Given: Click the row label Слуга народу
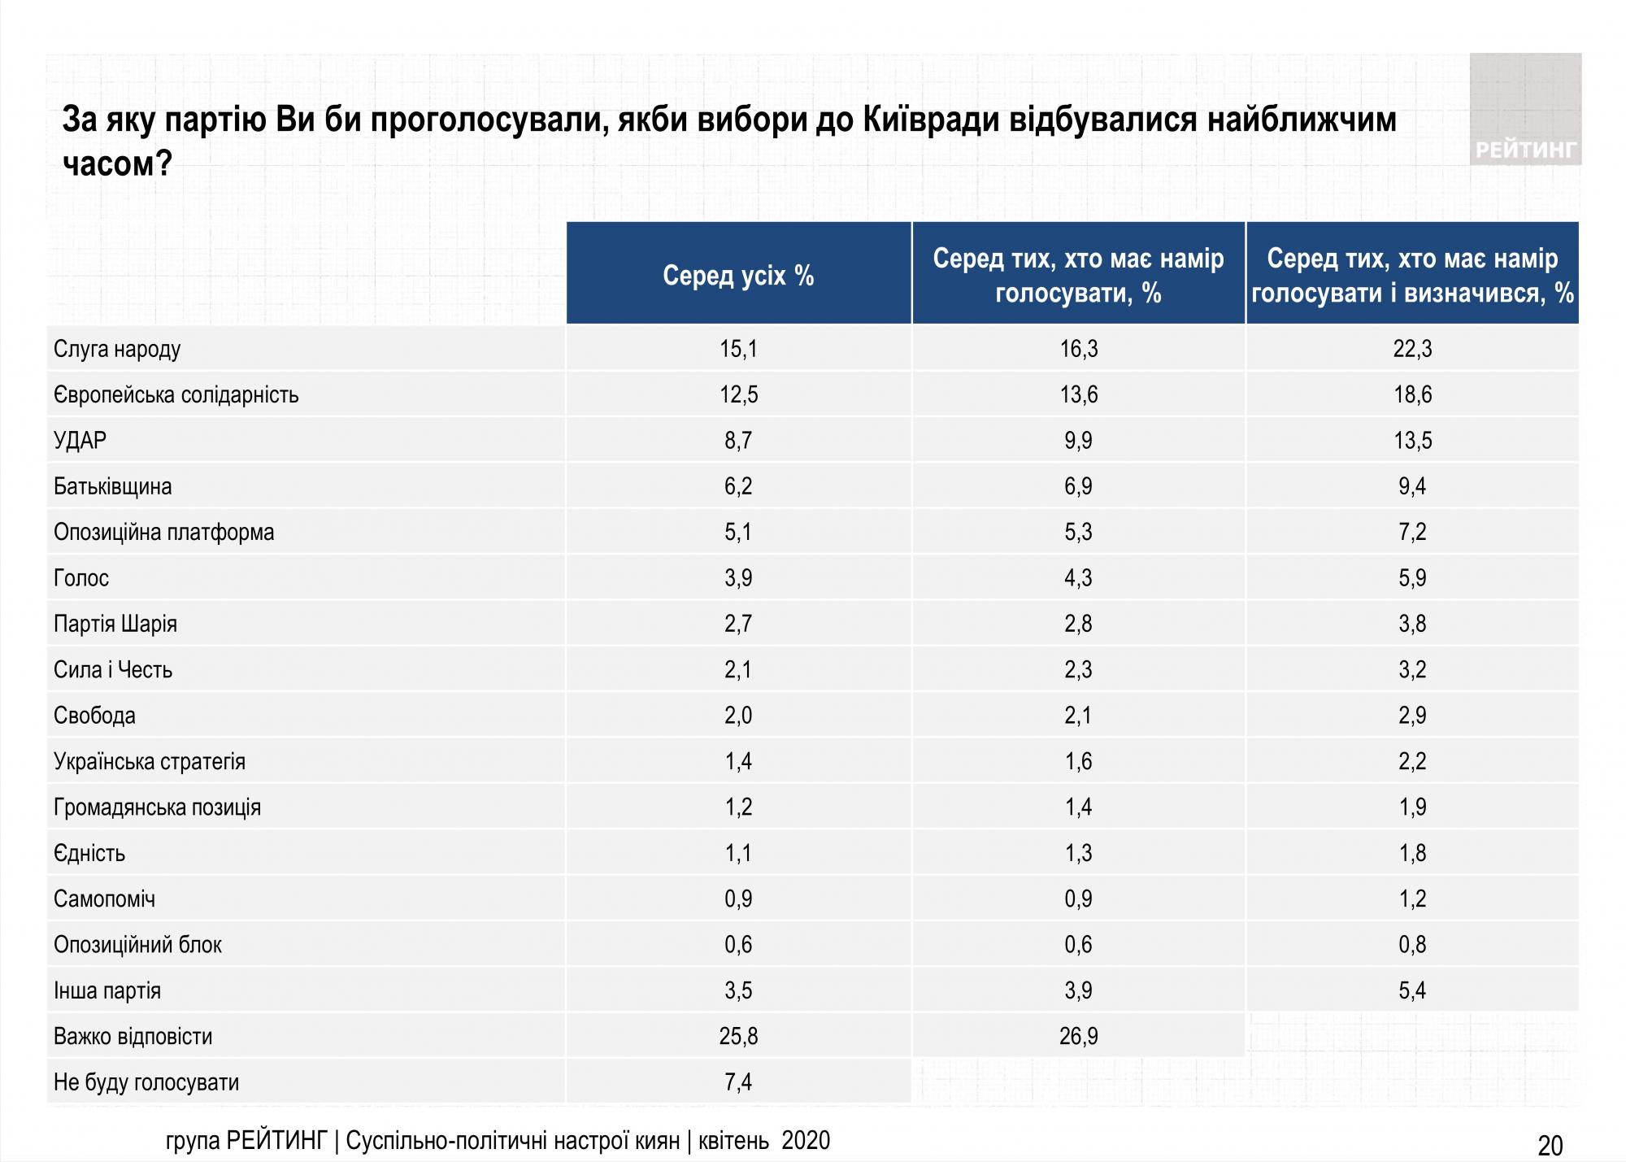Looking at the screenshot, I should [x=117, y=349].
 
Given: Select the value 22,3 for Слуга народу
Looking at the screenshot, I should [x=1412, y=349].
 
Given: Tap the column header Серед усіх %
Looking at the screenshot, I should [x=738, y=276].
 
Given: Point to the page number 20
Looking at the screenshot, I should [x=1550, y=1146].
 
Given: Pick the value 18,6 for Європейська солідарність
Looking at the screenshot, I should [x=1412, y=395].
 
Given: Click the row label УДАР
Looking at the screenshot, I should [x=80, y=441].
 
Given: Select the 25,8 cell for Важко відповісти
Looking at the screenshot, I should [x=738, y=1037].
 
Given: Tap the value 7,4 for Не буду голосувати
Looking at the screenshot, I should [x=738, y=1082].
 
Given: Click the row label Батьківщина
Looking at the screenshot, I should [x=112, y=487].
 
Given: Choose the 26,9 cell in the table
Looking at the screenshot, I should [x=1078, y=1037].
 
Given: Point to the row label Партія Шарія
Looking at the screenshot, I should [x=115, y=625].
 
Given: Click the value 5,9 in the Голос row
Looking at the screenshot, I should [x=1412, y=578].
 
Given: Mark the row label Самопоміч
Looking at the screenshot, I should [x=104, y=899].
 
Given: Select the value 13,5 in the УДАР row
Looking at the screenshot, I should [x=1412, y=441].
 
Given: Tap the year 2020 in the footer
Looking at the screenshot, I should [x=806, y=1141].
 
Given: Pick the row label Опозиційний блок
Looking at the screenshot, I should [x=137, y=945].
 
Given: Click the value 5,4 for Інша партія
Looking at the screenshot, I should [x=1412, y=990].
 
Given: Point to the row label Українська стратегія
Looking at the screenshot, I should [x=149, y=762].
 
